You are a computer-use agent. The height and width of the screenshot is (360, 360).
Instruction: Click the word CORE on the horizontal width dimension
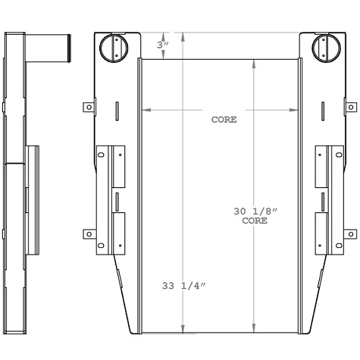pos(224,120)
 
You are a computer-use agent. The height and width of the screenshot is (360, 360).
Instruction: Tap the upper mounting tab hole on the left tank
pos(89,108)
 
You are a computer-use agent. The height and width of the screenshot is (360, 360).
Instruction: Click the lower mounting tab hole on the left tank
pos(89,234)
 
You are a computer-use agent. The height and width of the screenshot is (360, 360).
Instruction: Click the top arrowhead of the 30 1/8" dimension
pos(253,63)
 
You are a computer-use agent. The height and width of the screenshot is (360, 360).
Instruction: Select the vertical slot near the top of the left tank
pos(117,111)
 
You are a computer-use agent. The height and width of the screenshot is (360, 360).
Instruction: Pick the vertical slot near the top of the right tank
pos(323,111)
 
